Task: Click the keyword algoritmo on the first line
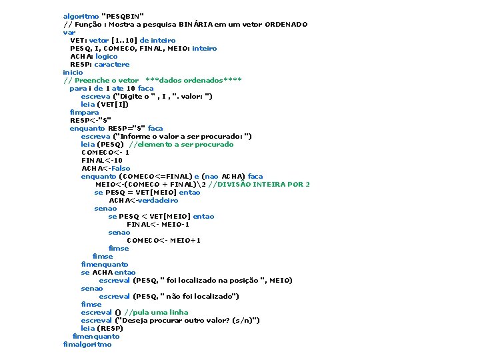(x=81, y=16)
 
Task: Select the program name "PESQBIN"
(x=122, y=16)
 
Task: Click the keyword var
(x=69, y=32)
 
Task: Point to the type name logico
(x=106, y=56)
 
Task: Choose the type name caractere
(x=111, y=64)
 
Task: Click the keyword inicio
(x=73, y=72)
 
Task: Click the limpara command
(x=84, y=112)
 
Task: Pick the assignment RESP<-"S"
(x=90, y=120)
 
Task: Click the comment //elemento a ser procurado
(x=181, y=144)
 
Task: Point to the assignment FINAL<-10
(x=101, y=160)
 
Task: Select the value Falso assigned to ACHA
(x=121, y=168)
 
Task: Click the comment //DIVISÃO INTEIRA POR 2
(x=259, y=184)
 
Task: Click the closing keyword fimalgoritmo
(x=87, y=344)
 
